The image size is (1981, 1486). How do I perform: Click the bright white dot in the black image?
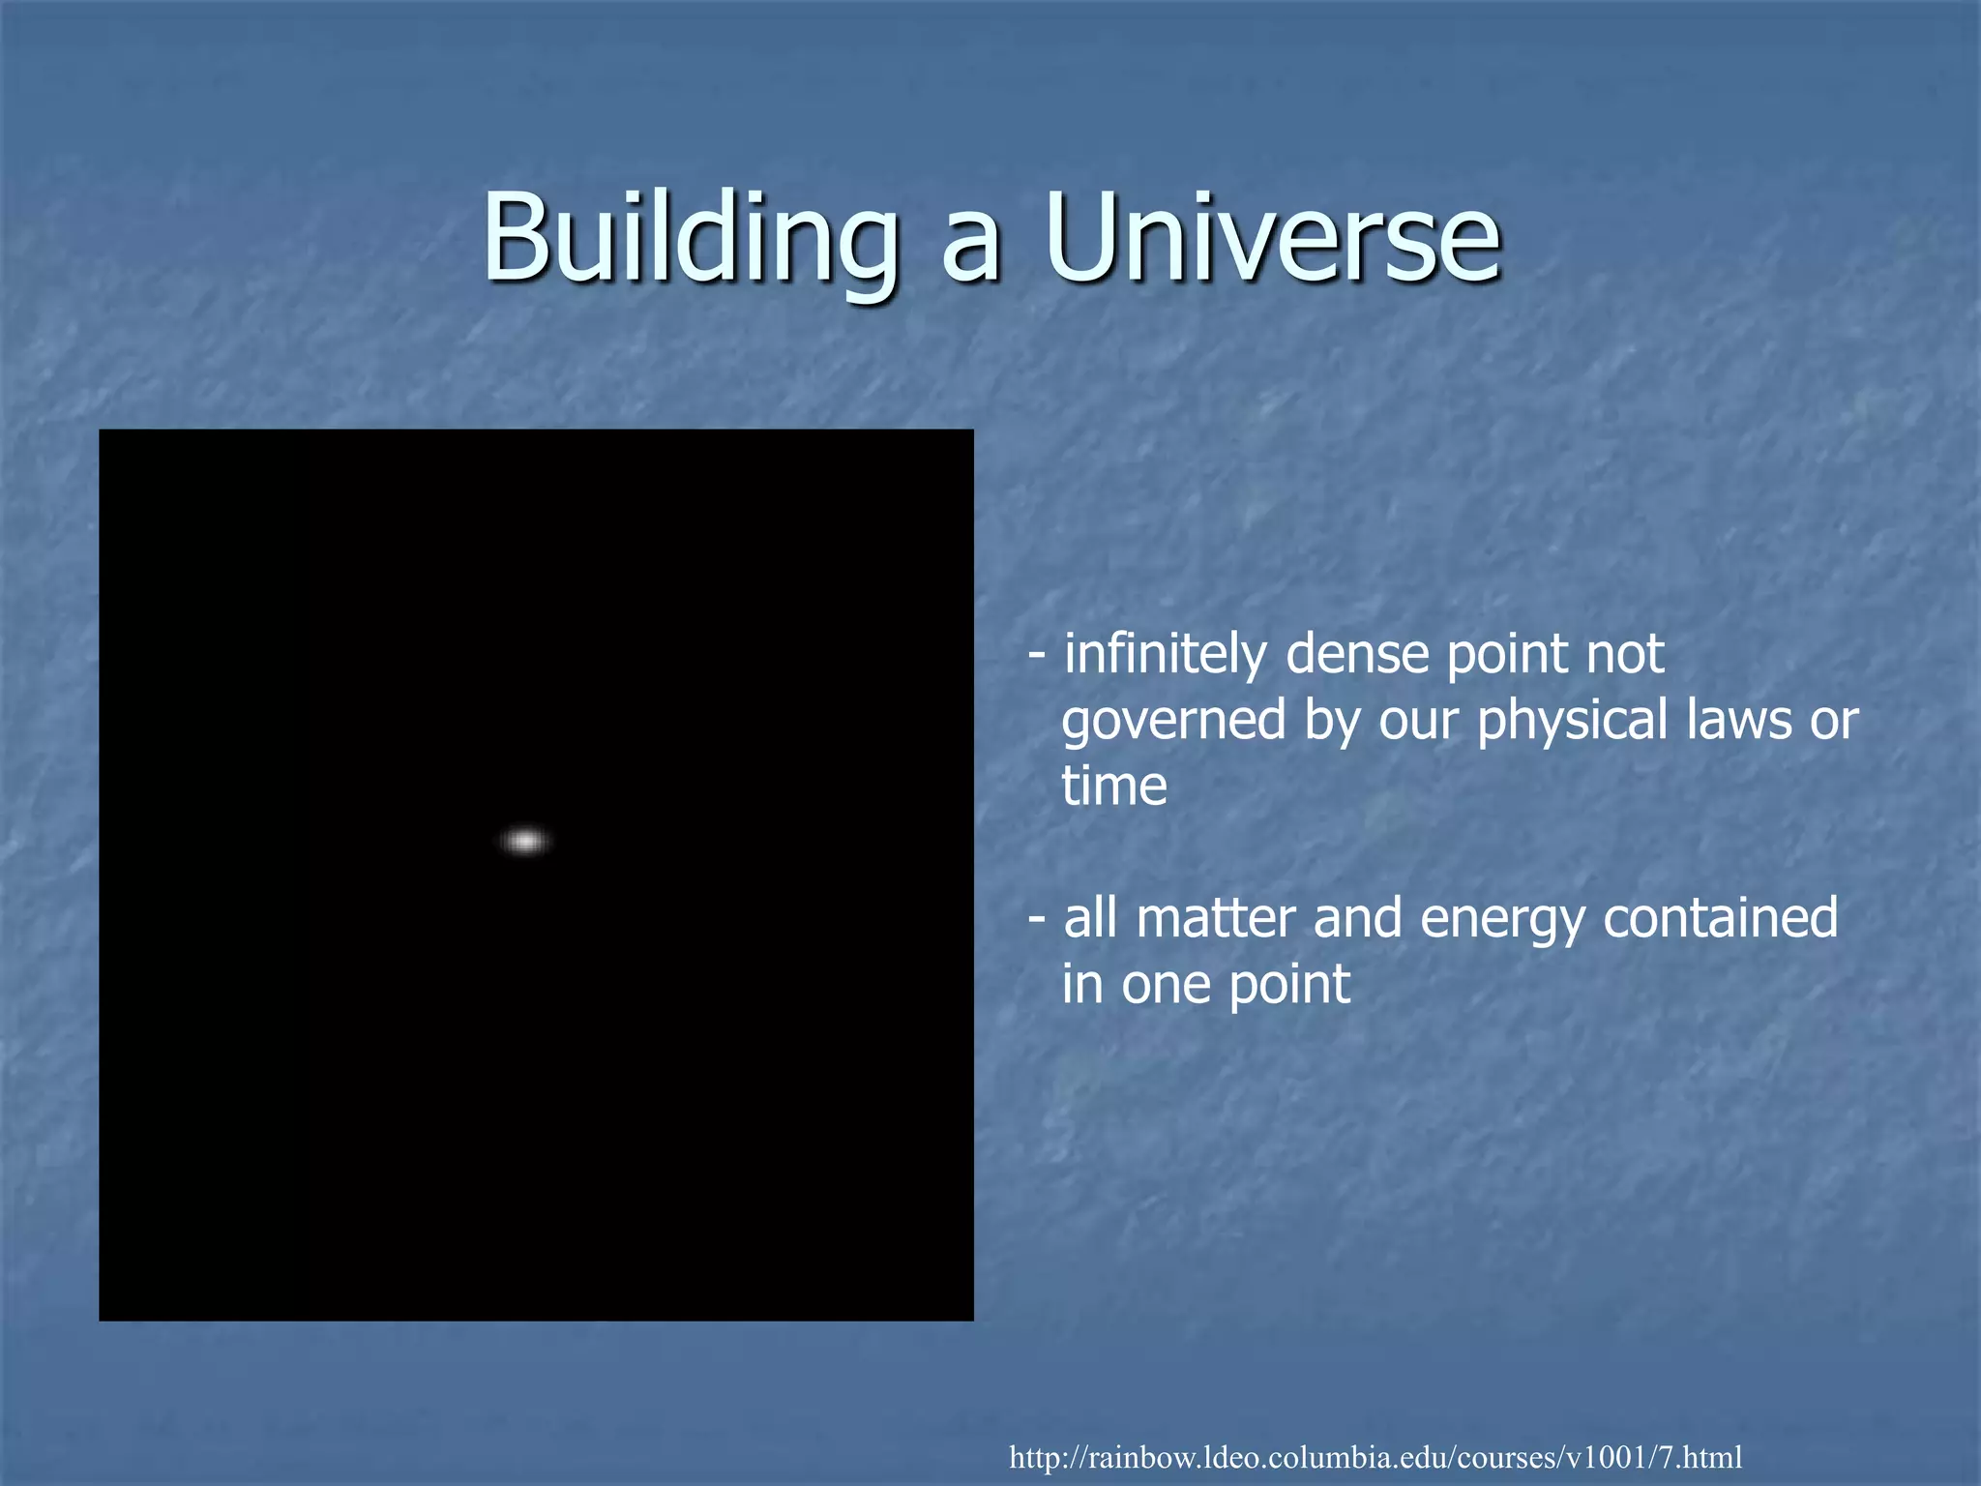tap(525, 841)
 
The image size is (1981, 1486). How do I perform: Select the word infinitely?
tap(1166, 655)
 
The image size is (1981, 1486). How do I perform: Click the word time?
tap(1114, 786)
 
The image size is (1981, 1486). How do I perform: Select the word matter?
tap(1215, 918)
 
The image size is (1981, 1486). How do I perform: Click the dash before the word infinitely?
tap(1037, 655)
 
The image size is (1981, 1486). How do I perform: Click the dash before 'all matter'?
tap(1037, 918)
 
